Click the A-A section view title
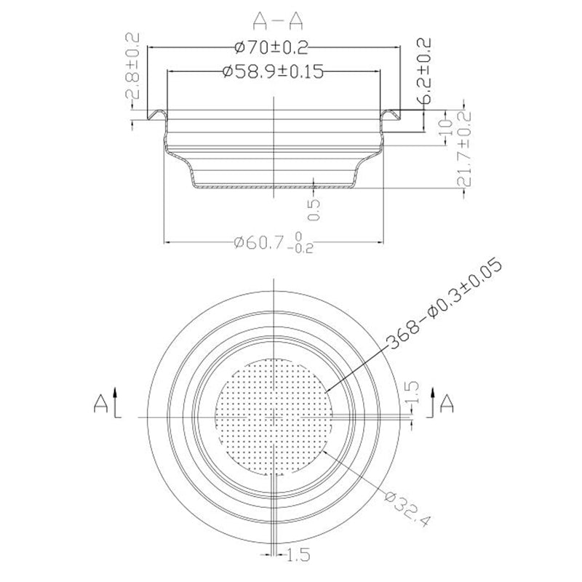tap(273, 16)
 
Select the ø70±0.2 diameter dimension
tap(272, 48)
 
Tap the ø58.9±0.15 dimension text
tap(271, 71)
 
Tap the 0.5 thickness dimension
tap(314, 210)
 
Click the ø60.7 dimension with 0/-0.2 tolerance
tap(273, 242)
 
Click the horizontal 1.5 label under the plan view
tap(298, 556)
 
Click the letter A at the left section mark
tap(102, 402)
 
